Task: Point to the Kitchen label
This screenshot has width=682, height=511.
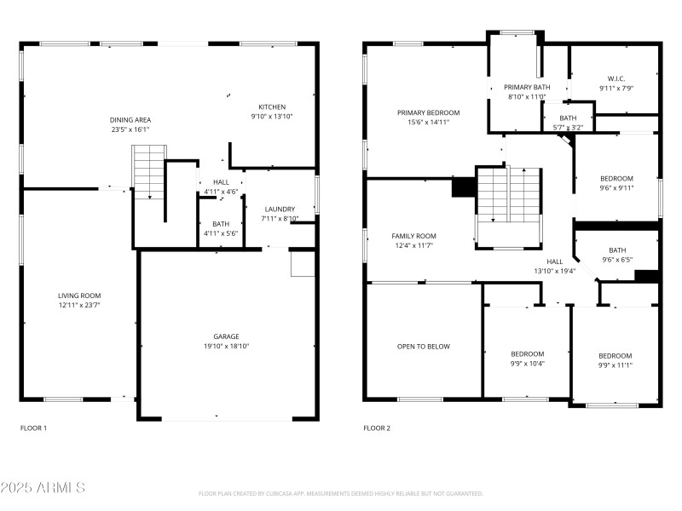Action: click(x=272, y=106)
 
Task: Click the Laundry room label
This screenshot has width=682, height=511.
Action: click(x=280, y=209)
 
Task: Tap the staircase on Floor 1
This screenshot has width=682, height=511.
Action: click(x=147, y=171)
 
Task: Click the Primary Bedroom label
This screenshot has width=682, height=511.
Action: click(x=428, y=112)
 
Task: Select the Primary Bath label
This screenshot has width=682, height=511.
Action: click(x=527, y=87)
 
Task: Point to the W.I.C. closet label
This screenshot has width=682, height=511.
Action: click(x=616, y=78)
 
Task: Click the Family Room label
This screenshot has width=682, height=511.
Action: click(x=413, y=236)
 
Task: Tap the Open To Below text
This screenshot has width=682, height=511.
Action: click(x=423, y=347)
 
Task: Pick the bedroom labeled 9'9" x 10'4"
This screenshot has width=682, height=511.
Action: click(x=527, y=359)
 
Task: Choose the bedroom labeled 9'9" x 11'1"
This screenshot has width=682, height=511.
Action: click(x=615, y=360)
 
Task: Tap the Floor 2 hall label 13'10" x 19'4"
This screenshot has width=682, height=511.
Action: click(x=554, y=267)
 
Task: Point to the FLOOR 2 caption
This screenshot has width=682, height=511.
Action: click(x=377, y=428)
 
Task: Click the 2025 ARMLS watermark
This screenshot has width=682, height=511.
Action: click(x=43, y=488)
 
